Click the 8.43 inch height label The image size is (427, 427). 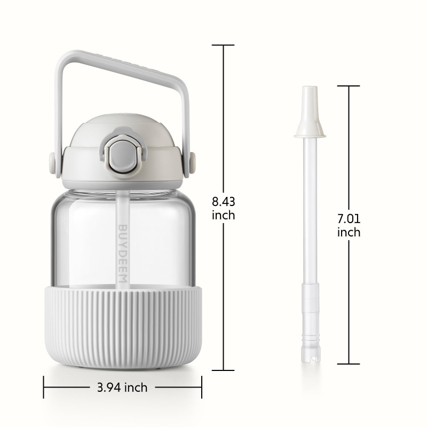point(223,208)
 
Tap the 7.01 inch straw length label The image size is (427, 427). point(349,225)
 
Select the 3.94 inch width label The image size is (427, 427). point(122,388)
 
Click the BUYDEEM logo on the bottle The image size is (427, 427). point(123,256)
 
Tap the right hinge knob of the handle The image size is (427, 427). point(193,163)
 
